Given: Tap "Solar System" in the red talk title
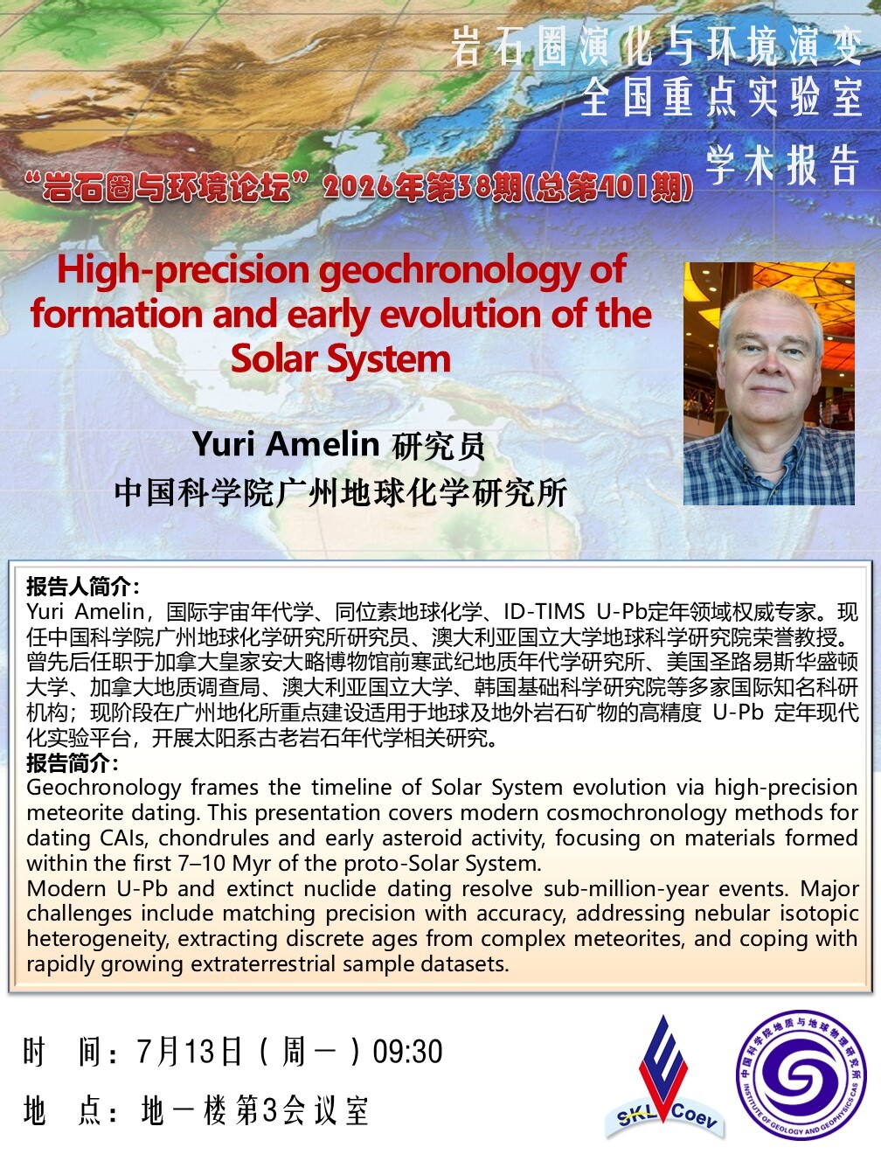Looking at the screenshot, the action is [341, 358].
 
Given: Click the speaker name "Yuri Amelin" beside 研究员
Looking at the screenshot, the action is [286, 444].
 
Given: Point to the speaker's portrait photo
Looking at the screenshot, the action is [768, 383].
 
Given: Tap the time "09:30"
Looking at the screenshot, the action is [407, 1051].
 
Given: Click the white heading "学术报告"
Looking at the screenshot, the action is [782, 164].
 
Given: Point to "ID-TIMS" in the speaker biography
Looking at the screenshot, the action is [544, 611].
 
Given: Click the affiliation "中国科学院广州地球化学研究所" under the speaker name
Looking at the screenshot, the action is [341, 492].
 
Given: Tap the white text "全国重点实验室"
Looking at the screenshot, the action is [721, 98].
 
